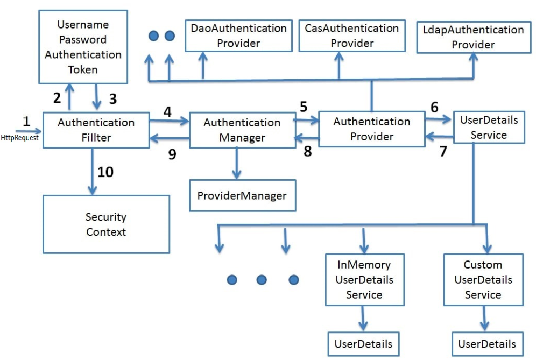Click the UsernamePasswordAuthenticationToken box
click(x=83, y=47)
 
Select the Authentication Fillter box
click(x=96, y=130)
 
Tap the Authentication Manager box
click(x=242, y=130)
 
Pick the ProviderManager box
click(x=242, y=195)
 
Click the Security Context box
click(x=106, y=224)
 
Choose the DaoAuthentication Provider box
click(x=238, y=36)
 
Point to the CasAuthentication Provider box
click(x=352, y=36)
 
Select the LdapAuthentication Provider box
click(x=474, y=37)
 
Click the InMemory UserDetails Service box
click(x=364, y=280)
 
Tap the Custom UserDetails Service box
click(x=483, y=280)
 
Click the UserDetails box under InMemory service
click(x=363, y=344)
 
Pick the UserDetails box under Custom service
click(x=487, y=344)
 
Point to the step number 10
click(x=105, y=172)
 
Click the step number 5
click(x=304, y=107)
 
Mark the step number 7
click(x=443, y=151)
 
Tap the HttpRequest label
click(x=19, y=138)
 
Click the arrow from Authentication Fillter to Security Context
click(x=93, y=172)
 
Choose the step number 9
click(x=172, y=154)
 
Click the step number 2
click(x=57, y=98)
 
